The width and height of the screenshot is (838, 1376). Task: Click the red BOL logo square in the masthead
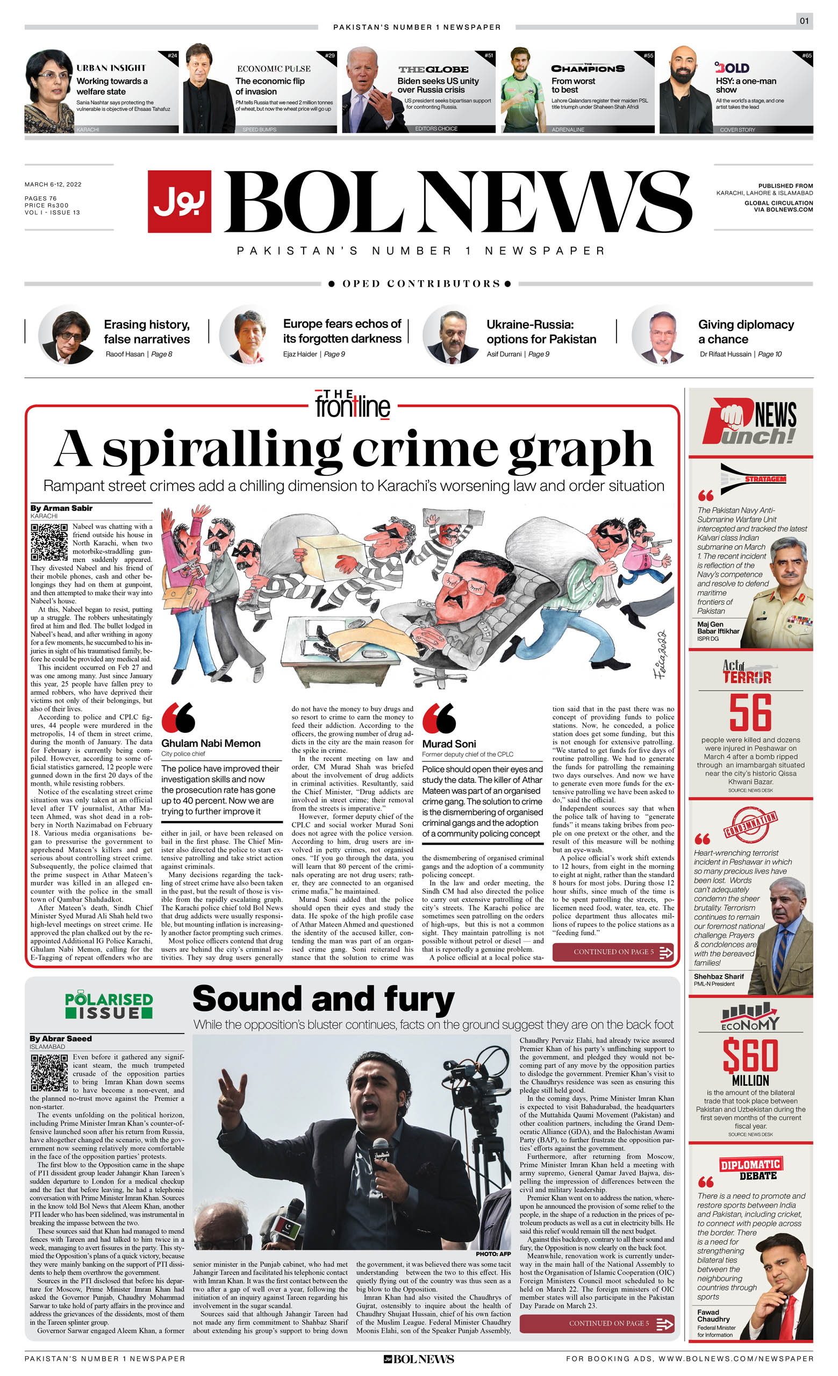point(179,201)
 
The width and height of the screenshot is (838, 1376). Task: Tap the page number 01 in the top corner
point(804,20)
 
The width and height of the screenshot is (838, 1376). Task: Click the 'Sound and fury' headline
point(323,999)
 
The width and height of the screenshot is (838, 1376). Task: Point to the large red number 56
point(750,712)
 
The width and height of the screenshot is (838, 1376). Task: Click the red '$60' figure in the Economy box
point(750,1056)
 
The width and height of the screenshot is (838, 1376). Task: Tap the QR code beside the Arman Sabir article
point(49,541)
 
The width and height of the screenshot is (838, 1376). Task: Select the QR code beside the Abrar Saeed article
point(49,1073)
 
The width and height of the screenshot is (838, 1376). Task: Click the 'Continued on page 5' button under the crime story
point(612,952)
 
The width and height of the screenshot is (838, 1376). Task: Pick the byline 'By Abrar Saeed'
point(61,1039)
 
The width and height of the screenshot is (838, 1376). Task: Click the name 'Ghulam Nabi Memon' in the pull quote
point(211,743)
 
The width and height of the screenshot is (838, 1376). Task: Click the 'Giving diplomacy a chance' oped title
point(746,332)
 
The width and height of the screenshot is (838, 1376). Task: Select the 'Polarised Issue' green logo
point(109,1006)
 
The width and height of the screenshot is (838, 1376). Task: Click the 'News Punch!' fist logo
point(750,422)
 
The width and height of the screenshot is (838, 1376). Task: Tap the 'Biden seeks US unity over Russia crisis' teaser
point(438,85)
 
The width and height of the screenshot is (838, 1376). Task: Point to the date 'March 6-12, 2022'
point(53,184)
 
